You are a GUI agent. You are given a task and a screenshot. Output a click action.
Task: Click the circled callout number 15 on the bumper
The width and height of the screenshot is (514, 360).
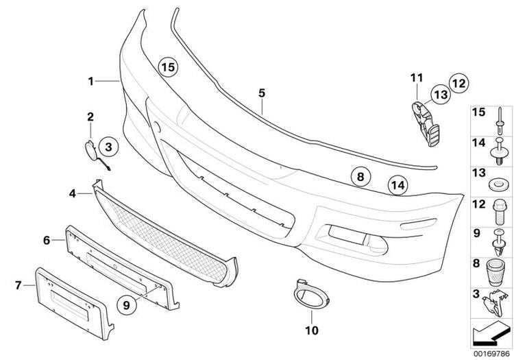coord(168,67)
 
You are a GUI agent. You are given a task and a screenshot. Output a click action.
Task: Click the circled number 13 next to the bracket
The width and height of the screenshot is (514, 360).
coord(439,95)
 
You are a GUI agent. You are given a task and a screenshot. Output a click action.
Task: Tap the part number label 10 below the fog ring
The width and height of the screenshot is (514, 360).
coord(312,330)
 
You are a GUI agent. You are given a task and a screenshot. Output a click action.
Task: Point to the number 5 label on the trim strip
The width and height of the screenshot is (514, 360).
coord(261,92)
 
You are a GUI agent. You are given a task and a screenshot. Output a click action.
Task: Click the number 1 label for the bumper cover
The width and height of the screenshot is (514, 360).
coord(90,81)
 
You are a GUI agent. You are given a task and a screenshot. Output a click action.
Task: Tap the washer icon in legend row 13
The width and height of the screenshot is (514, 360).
coord(496,184)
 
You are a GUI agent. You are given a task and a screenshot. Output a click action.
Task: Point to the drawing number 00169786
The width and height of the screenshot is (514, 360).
coord(489,354)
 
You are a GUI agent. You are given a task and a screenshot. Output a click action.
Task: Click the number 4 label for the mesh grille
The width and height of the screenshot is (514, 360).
coord(73,175)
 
